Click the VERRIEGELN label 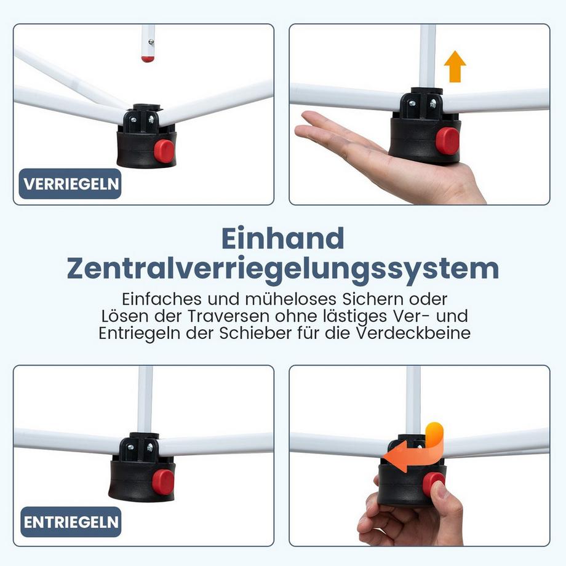tap(70, 184)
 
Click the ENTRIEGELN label tap(70, 522)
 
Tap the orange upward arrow tap(455, 66)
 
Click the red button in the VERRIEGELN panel tap(164, 151)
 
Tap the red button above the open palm tap(447, 141)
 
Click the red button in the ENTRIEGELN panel tap(163, 482)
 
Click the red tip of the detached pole tap(148, 58)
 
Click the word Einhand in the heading tap(282, 239)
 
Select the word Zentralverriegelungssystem tap(282, 269)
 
